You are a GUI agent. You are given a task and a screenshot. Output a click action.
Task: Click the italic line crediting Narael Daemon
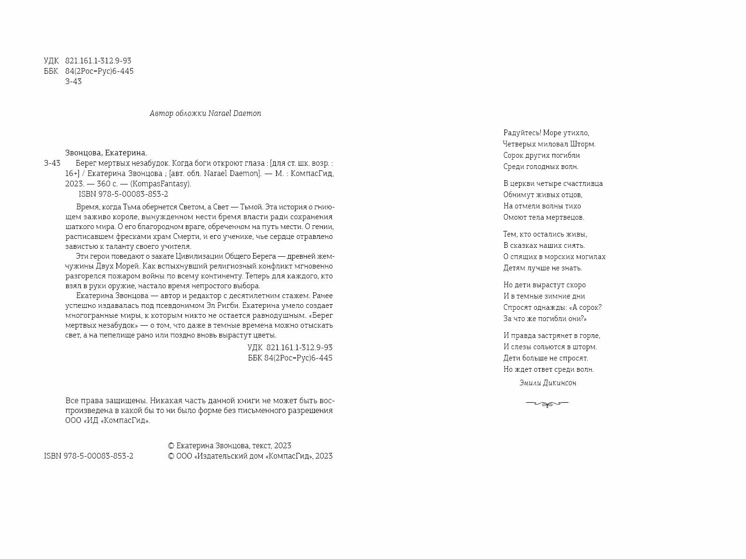click(x=205, y=114)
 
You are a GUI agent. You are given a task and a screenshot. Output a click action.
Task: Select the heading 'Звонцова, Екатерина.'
click(x=106, y=153)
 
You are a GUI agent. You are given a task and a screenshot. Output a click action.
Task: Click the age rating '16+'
click(x=74, y=174)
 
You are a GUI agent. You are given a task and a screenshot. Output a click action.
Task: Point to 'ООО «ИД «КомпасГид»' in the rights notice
click(x=108, y=421)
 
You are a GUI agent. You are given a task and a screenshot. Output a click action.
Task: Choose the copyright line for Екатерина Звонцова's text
click(x=229, y=446)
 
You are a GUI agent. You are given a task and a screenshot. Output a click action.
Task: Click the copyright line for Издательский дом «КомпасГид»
click(x=250, y=456)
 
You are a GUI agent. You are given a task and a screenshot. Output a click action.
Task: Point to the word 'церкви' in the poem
click(x=526, y=184)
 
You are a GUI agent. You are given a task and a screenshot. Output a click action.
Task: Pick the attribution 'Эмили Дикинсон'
click(x=548, y=383)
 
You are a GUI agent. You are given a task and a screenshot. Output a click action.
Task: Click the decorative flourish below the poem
click(x=547, y=403)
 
